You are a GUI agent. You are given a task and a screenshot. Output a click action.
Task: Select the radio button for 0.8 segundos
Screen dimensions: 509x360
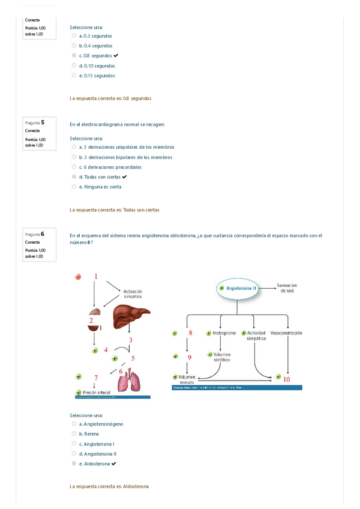pos(74,56)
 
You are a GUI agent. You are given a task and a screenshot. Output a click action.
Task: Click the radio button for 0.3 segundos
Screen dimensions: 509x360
pos(74,35)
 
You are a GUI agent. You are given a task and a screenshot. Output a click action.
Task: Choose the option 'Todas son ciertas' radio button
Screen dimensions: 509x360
pos(74,177)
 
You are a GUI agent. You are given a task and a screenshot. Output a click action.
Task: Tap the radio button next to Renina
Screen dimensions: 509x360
pos(74,433)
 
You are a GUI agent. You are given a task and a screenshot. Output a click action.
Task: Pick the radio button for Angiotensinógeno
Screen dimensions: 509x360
pos(74,423)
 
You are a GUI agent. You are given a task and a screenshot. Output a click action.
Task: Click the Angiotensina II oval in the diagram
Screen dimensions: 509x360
pos(238,288)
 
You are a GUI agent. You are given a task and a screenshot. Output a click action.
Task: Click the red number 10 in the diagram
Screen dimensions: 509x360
pos(286,379)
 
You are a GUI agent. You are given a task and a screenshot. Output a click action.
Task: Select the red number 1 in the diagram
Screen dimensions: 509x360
pos(95,276)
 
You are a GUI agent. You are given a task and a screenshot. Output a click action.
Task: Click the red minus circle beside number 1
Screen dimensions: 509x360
pos(78,277)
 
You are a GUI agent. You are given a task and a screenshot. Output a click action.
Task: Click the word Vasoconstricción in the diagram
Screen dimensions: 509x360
pos(286,333)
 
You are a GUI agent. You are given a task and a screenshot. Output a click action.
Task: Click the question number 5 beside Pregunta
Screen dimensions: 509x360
pos(43,122)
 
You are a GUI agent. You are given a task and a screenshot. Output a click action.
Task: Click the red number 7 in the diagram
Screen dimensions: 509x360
pos(95,377)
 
